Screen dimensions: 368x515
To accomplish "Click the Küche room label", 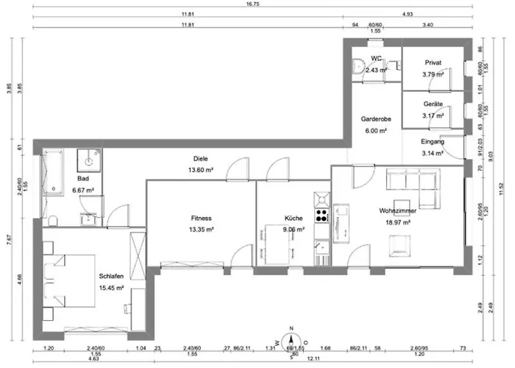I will coord(294,218).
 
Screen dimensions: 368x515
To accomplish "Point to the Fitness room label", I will coord(202,218).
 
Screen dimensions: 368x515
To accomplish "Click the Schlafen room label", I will coord(110,276).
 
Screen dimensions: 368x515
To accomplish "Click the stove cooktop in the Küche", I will coord(322,216).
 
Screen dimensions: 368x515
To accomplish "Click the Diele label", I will coord(200,158).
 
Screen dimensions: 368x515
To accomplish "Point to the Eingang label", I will coord(432,141).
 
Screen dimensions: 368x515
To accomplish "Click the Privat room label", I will coord(433,63).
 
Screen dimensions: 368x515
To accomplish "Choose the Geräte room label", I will coord(433,105).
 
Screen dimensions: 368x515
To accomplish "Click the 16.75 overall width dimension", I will coord(257,4).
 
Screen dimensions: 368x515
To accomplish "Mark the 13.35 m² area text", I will coord(202,229).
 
